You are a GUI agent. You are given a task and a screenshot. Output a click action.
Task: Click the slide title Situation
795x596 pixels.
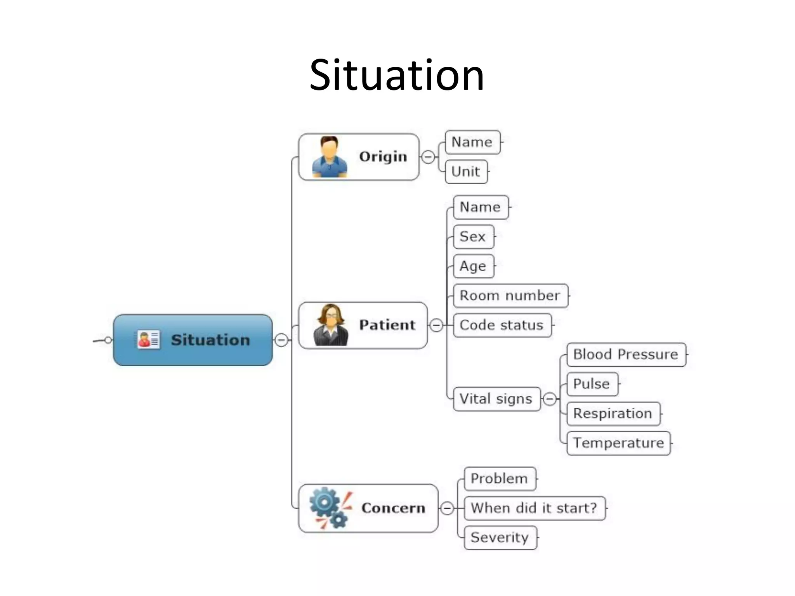coord(397,75)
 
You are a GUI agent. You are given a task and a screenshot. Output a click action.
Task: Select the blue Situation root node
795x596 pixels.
coord(193,340)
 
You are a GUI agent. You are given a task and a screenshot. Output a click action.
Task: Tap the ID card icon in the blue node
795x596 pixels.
coord(148,340)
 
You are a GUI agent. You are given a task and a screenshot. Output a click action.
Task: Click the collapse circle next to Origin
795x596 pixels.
coord(428,157)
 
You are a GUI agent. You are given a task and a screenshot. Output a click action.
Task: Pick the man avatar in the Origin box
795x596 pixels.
coord(329,157)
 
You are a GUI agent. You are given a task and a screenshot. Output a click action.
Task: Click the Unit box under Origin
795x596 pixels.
coord(466,172)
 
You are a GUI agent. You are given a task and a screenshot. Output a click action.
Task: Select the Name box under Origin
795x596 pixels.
coord(472,142)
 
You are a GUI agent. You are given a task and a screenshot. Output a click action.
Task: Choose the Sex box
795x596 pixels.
coord(473,237)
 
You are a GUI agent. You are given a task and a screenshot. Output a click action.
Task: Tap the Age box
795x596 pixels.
coord(473,266)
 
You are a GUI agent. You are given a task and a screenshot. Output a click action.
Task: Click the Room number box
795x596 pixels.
coord(510,296)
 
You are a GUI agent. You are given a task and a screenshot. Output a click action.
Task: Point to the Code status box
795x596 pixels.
coord(502,325)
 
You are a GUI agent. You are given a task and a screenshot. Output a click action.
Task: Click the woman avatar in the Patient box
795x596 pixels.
coord(331,325)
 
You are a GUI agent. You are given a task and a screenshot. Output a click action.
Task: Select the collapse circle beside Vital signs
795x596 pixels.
coord(550,399)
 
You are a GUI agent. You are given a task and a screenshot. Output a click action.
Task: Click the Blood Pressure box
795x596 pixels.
coord(626,354)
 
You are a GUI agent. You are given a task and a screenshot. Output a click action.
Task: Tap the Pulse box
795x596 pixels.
coord(592,384)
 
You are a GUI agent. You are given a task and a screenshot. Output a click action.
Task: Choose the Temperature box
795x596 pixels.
coord(618,443)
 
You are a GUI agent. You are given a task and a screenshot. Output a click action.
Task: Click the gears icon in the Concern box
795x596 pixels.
coord(330,508)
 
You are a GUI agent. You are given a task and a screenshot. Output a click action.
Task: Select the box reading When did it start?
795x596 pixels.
coord(534,508)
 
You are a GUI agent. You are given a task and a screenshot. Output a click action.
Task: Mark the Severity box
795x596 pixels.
coord(500,537)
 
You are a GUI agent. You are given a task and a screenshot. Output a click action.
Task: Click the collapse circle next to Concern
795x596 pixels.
coord(447,508)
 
